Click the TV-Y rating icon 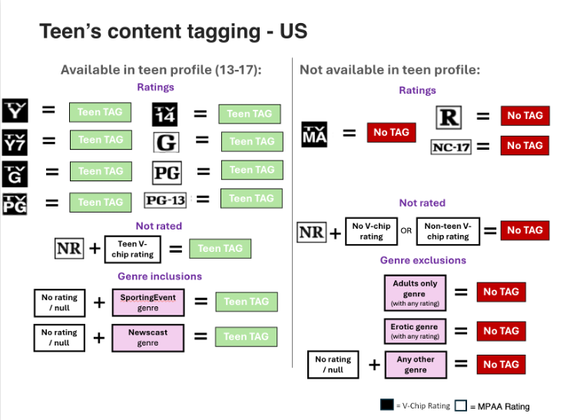[x=15, y=111]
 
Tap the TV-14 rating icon [x=164, y=114]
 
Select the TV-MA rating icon [x=314, y=134]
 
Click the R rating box [x=449, y=117]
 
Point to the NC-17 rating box [x=451, y=147]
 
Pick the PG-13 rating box [x=165, y=200]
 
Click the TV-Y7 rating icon [x=15, y=142]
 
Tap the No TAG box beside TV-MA [x=392, y=132]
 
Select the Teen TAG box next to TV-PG [x=101, y=203]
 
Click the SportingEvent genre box [x=148, y=303]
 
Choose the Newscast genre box [x=148, y=338]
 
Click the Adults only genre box [x=415, y=293]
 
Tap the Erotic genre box [x=415, y=332]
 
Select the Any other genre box [x=416, y=365]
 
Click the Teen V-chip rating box [x=133, y=250]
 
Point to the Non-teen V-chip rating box [x=448, y=231]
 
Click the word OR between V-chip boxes [x=406, y=230]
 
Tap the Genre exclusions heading [x=423, y=260]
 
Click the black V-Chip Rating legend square [x=387, y=405]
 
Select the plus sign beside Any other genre [x=374, y=365]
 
